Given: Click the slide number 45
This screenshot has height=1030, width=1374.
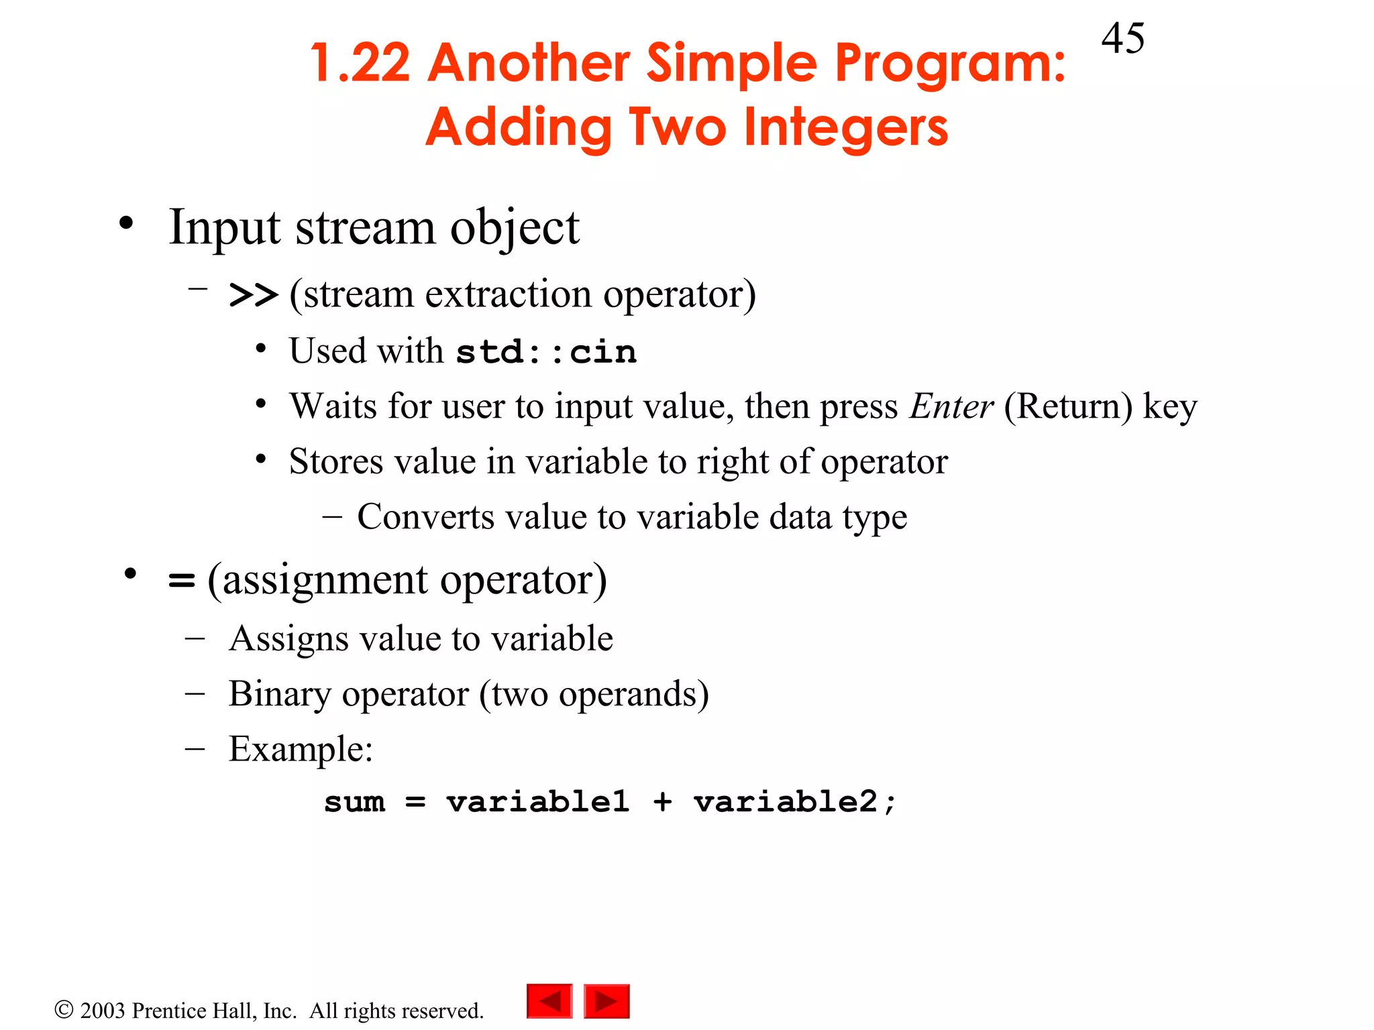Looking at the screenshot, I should (1122, 38).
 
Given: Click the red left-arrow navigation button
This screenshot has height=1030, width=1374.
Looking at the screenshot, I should (549, 1001).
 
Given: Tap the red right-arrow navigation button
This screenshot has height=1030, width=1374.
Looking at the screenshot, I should (606, 1001).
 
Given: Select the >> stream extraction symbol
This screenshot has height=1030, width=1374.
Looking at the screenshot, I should (253, 295).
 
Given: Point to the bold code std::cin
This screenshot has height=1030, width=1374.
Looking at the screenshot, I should (546, 352).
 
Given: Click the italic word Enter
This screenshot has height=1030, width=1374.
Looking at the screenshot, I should (951, 406).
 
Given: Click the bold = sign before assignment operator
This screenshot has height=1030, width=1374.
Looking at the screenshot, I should (181, 580).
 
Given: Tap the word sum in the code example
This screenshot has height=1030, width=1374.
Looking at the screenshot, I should (354, 802).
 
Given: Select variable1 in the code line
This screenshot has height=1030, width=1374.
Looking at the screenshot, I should (538, 802).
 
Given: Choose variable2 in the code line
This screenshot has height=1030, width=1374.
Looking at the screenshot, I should (785, 802).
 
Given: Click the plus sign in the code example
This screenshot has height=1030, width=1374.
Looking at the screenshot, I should (662, 802).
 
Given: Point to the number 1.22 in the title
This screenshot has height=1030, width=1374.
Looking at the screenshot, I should (360, 63).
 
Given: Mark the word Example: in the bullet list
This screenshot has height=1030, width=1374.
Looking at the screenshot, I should (300, 750).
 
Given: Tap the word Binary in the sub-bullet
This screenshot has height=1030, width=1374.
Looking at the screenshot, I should (280, 695).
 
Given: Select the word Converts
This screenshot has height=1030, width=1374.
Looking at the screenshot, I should (425, 517).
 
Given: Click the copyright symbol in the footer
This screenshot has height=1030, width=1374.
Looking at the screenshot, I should (64, 1009).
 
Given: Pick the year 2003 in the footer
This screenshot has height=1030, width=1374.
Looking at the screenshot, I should (103, 1011).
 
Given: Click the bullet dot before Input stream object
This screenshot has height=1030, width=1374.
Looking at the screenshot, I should (126, 224).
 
